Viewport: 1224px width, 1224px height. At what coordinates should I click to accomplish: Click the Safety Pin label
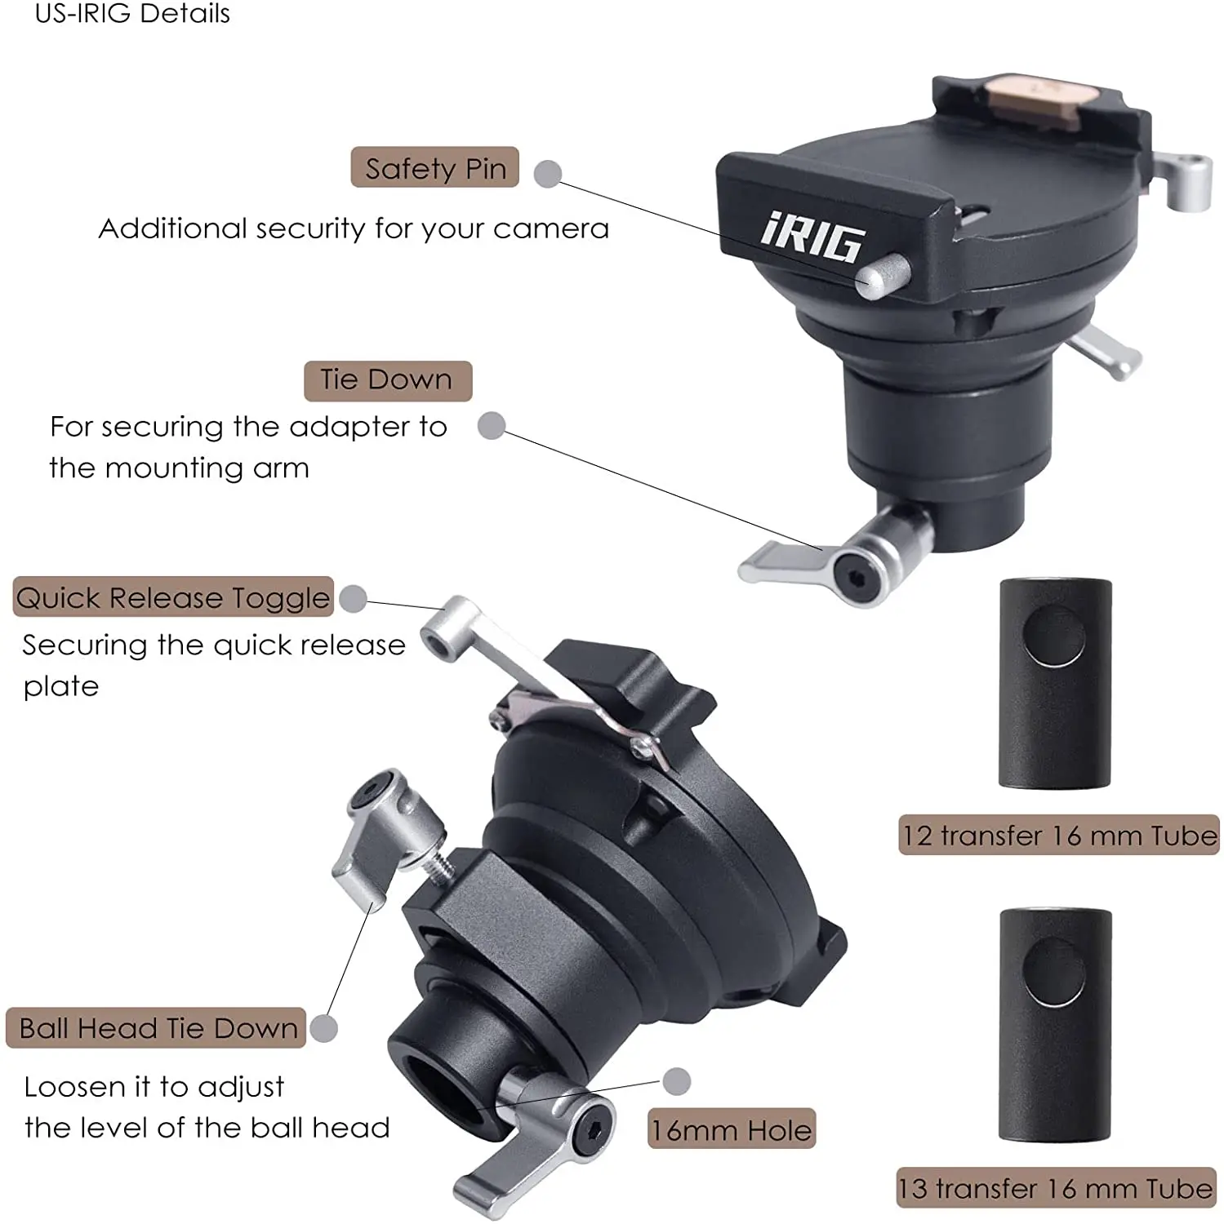434,168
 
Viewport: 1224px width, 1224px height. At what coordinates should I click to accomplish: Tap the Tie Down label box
387,380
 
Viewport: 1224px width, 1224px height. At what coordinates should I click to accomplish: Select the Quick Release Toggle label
173,597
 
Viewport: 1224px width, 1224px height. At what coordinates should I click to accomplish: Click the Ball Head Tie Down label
157,1028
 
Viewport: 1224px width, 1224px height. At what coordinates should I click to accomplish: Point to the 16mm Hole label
731,1129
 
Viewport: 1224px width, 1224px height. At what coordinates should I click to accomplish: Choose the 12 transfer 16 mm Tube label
1058,835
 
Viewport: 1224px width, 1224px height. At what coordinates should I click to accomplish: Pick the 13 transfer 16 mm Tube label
1056,1188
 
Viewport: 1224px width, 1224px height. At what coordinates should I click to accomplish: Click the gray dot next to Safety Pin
547,173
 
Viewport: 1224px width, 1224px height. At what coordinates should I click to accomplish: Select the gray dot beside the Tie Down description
491,425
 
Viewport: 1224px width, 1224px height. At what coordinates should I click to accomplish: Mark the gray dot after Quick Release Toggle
353,598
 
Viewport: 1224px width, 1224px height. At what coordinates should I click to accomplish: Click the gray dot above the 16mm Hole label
676,1081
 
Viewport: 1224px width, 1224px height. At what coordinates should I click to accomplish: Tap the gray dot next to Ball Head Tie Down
324,1028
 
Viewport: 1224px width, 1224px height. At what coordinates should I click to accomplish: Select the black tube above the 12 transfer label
1055,684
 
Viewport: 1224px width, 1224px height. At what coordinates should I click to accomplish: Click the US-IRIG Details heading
132,13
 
